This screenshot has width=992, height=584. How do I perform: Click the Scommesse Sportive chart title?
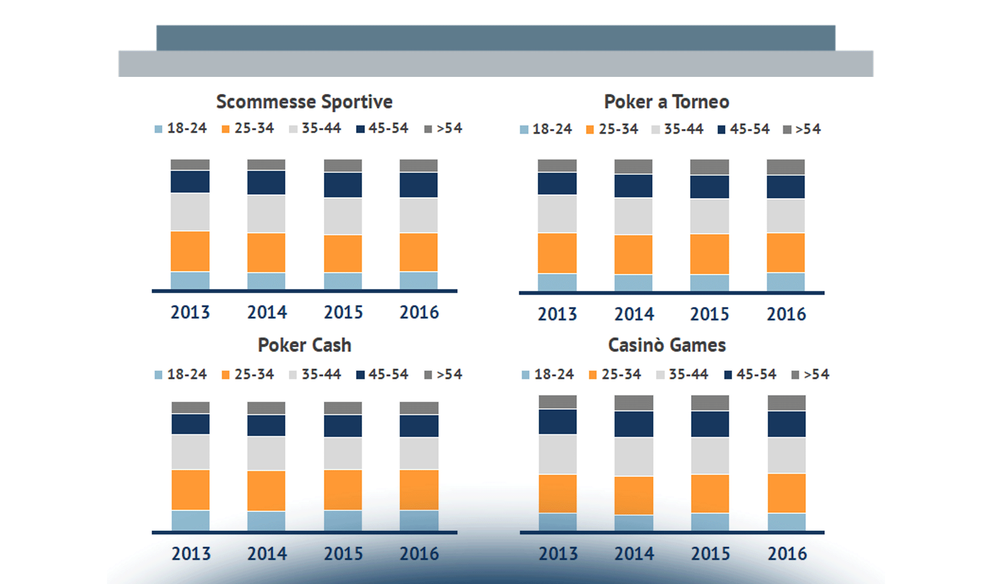pos(304,102)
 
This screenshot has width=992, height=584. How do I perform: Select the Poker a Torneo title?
pos(666,102)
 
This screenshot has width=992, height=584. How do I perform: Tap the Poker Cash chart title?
pos(304,345)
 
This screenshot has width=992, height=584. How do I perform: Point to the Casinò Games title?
pos(666,345)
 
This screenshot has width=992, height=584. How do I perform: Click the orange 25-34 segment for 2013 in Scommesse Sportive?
pos(190,251)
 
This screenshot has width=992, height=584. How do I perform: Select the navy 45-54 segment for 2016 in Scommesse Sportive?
pos(419,185)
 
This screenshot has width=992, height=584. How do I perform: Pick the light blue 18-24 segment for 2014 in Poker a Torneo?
pos(633,283)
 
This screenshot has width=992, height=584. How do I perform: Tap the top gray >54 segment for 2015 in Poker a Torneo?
pos(709,167)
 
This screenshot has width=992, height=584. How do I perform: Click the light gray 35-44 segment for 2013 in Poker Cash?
pos(191,452)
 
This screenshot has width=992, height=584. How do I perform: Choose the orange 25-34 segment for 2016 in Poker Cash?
pos(419,490)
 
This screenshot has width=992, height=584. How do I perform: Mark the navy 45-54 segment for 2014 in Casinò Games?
pos(634,424)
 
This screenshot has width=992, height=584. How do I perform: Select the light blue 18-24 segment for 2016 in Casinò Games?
pos(786,522)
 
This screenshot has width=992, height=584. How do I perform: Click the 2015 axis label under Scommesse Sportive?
pos(343,312)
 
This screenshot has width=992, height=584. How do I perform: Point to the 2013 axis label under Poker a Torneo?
pos(557,314)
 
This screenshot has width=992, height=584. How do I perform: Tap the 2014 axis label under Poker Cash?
pos(267,553)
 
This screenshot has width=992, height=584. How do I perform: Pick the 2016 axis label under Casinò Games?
pos(787,553)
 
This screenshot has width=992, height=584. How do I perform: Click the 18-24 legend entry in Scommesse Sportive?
pos(181,128)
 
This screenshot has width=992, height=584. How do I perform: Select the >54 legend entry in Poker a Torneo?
pos(802,129)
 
